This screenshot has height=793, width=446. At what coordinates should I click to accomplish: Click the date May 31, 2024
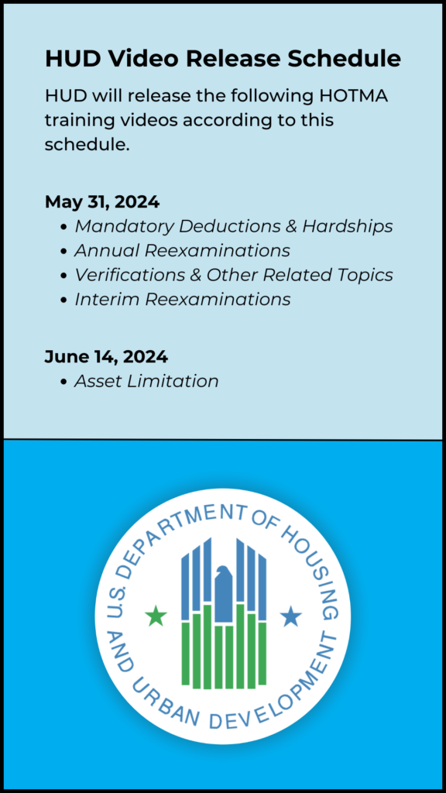click(x=102, y=202)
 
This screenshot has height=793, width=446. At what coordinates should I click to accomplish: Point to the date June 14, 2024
click(x=106, y=357)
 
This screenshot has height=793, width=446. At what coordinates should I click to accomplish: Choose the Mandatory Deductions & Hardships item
click(x=233, y=226)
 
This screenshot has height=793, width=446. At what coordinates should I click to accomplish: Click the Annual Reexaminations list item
click(x=182, y=250)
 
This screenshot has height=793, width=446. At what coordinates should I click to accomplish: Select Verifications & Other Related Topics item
click(x=233, y=275)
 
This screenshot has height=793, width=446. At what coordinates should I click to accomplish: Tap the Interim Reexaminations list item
click(x=182, y=299)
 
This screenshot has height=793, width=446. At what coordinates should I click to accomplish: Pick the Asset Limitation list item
click(x=146, y=381)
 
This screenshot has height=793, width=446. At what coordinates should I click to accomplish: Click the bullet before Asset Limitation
click(x=63, y=382)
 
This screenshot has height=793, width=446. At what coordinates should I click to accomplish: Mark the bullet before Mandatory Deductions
click(x=63, y=227)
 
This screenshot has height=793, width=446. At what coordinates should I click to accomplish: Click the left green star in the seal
click(x=156, y=616)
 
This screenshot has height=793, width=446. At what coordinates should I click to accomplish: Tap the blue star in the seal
click(x=290, y=616)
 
